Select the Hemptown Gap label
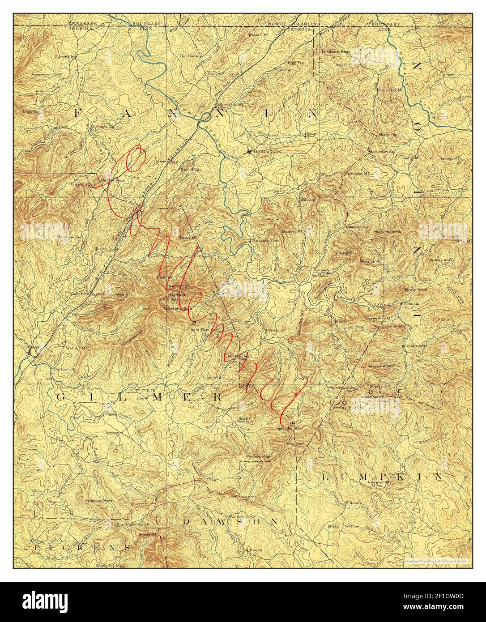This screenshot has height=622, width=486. pyautogui.click(x=382, y=152)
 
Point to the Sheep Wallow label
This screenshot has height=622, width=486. pyautogui.click(x=343, y=527)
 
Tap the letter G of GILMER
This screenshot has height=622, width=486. pyautogui.click(x=64, y=397)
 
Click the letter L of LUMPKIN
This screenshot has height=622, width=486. pyautogui.click(x=325, y=477)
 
